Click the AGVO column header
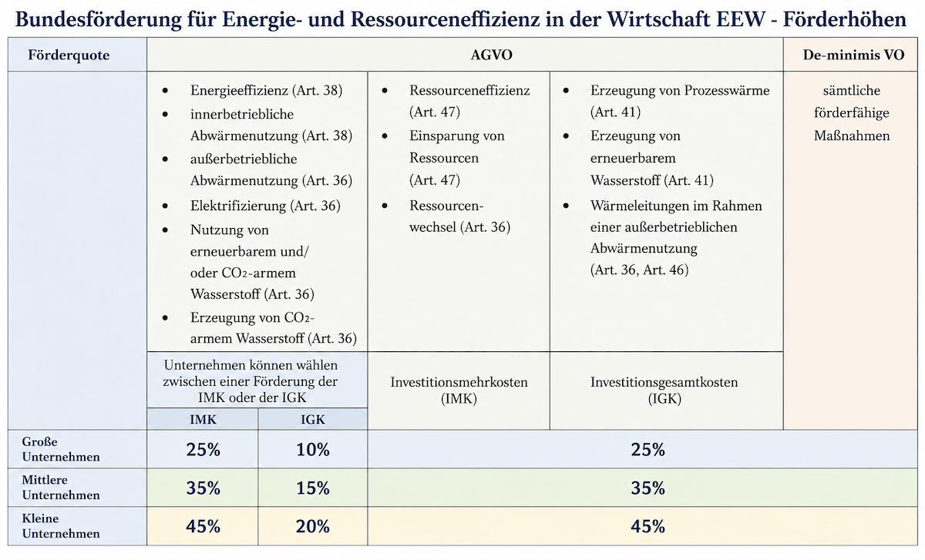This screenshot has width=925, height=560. [x=492, y=55]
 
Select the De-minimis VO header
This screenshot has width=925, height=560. [x=853, y=55]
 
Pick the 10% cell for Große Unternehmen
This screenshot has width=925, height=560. [x=313, y=449]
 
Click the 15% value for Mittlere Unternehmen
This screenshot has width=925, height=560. [x=313, y=488]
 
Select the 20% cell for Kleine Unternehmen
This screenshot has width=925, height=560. [x=313, y=526]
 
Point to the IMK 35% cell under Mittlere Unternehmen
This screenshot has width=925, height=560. [x=203, y=488]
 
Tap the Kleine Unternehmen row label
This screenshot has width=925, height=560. [x=61, y=526]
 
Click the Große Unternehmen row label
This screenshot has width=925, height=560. [x=61, y=449]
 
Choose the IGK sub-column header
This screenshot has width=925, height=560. [x=313, y=419]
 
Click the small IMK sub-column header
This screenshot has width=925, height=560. [x=203, y=419]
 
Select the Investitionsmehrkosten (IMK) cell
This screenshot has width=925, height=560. [x=459, y=390]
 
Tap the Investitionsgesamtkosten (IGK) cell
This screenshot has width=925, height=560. [x=664, y=390]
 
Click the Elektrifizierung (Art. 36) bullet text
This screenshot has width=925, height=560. [x=265, y=206]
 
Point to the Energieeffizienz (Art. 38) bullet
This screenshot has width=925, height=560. [x=267, y=90]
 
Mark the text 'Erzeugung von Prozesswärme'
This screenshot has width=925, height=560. [x=680, y=90]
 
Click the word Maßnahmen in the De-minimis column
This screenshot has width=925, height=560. [x=852, y=136]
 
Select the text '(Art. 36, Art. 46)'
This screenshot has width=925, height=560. [x=639, y=270]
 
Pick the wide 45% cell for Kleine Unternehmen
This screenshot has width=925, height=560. [x=647, y=526]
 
